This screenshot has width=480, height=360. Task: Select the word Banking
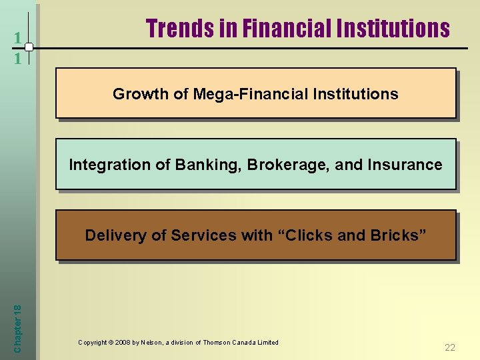pos(199,165)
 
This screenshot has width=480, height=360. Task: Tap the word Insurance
pos(409,165)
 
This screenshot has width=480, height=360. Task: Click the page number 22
pos(450,347)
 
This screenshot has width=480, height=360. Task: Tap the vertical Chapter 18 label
pos(17,325)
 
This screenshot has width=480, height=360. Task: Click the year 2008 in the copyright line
pos(123,343)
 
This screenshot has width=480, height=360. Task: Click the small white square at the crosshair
pos(29,47)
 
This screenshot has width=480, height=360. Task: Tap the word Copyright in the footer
pos(92,343)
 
